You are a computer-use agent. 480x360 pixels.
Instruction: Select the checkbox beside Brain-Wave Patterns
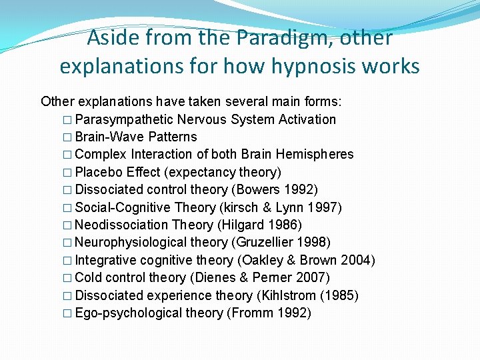point(67,137)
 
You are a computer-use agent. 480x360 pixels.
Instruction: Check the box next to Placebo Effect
point(67,173)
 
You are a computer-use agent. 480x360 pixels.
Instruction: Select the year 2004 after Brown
point(355,260)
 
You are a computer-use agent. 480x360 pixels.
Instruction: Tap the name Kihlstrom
point(289,296)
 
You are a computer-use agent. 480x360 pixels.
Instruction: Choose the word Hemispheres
point(315,155)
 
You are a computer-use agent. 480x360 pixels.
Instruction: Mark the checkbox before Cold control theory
point(67,278)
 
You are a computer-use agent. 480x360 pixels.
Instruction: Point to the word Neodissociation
point(121,225)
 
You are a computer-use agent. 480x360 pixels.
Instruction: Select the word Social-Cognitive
point(123,207)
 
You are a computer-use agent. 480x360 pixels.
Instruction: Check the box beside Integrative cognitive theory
point(67,261)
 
